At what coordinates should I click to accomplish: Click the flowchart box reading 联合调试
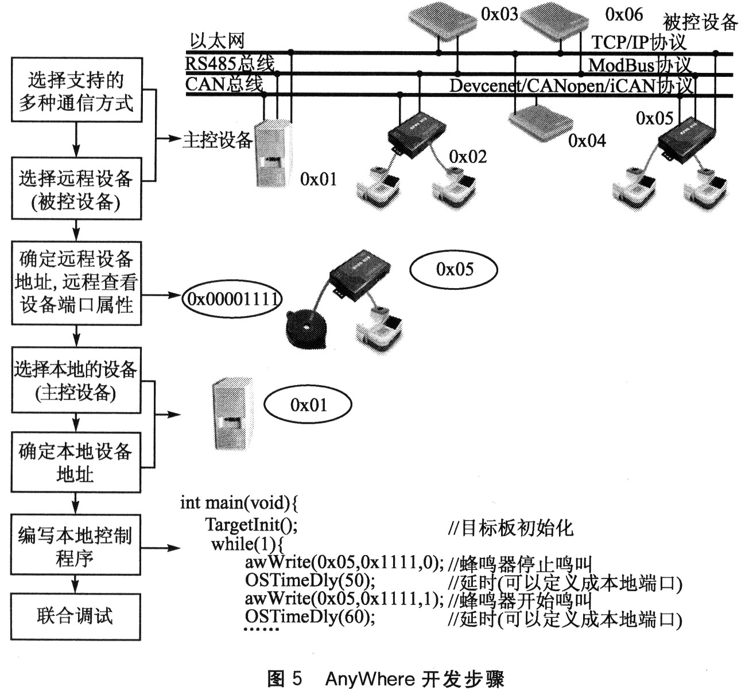point(75,616)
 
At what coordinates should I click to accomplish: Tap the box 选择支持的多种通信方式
point(76,90)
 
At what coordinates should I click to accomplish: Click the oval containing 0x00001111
point(232,298)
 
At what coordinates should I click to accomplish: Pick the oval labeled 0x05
point(454,269)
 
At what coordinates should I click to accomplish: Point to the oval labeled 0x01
point(308,405)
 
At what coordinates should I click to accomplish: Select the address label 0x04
point(587,141)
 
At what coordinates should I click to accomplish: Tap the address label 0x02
point(467,157)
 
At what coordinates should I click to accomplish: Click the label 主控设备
point(218,139)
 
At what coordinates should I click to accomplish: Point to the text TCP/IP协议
point(639,42)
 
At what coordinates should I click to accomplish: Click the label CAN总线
point(224,84)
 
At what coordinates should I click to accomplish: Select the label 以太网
point(218,41)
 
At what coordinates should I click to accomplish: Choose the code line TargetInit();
point(251,524)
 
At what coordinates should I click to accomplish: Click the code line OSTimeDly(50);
point(310,580)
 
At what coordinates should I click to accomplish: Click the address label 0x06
point(624,14)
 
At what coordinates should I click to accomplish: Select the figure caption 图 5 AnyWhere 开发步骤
point(386,679)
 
